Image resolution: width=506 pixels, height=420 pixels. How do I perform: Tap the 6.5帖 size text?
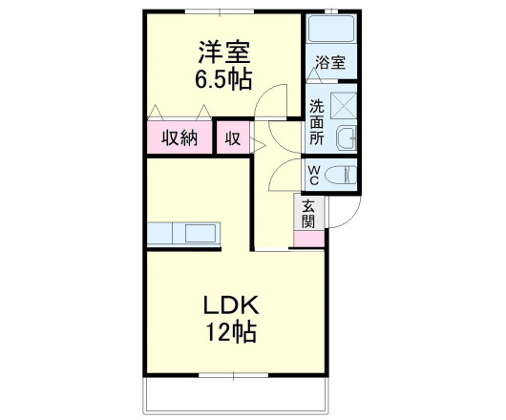coord(224,79)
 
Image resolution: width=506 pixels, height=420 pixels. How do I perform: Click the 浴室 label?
coord(330,64)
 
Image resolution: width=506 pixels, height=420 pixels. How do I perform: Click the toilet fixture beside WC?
coord(339,175)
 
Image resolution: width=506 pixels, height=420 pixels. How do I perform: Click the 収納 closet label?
coord(179,137)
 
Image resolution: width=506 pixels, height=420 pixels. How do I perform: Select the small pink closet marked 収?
coord(232,137)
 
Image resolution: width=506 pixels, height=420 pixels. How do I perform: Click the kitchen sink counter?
coord(183,233)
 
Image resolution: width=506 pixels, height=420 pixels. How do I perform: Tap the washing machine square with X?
coord(345,101)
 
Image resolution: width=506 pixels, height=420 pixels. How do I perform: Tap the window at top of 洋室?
coord(221,11)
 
